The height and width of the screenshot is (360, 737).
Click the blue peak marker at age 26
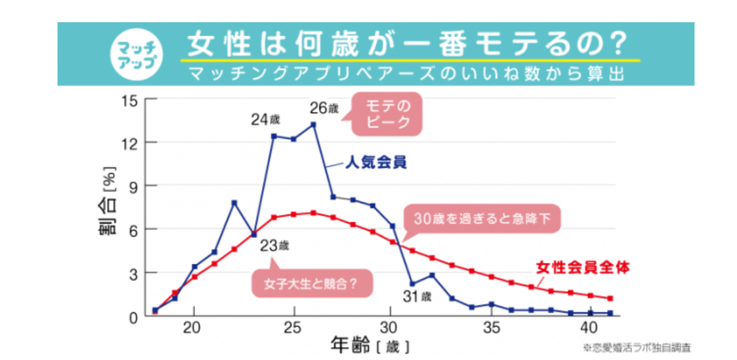pos(314,124)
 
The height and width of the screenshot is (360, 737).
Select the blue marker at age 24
pos(274,136)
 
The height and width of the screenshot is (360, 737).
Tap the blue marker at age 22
pos(234,203)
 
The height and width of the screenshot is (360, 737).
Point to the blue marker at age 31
pos(412,284)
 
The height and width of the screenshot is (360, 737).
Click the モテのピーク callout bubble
pos(387,114)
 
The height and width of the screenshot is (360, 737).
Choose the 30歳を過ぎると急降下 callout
pos(482,220)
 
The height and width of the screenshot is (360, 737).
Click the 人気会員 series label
pos(376,163)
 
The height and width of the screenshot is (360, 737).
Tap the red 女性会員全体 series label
pos(583,267)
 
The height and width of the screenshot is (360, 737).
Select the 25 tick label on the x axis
pos(293,327)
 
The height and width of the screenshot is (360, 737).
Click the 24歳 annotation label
pos(265,120)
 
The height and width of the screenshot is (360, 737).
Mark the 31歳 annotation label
pos(418,297)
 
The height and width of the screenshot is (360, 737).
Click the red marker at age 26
pos(314,213)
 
